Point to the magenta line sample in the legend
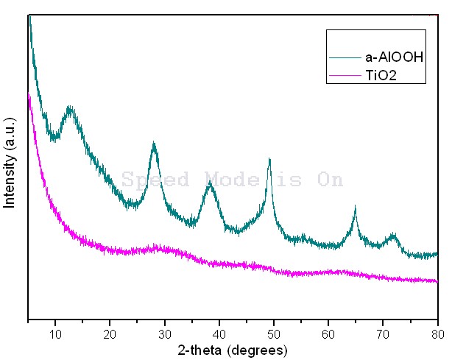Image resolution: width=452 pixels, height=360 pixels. (346, 75)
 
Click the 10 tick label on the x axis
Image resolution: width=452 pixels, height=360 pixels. (55, 333)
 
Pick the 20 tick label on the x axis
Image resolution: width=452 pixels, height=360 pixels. (110, 333)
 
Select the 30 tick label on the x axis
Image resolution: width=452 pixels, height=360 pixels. (164, 333)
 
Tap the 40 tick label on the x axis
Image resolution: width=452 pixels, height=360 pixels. (219, 333)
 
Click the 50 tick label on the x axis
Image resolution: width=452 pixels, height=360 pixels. (274, 333)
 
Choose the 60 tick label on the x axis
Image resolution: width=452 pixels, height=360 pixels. (328, 333)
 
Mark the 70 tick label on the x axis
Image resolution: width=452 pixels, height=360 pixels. (383, 333)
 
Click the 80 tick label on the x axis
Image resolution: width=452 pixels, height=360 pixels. (437, 333)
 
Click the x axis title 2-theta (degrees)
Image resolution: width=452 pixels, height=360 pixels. (233, 349)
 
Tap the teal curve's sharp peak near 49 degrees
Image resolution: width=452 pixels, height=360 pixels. (269, 160)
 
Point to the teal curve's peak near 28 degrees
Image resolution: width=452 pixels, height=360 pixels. (154, 145)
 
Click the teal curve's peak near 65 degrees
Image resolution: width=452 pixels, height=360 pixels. (355, 211)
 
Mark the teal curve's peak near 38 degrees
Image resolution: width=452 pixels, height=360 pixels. (211, 183)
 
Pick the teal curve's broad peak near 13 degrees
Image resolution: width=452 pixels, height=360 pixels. (70, 110)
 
